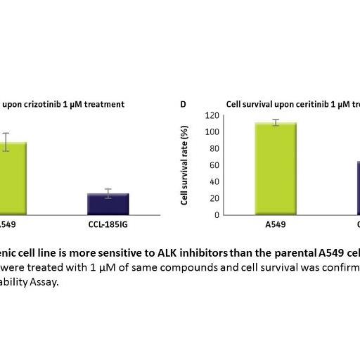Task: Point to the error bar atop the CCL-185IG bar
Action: tap(108, 193)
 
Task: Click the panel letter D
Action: tap(184, 104)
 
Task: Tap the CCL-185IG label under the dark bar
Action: tap(108, 227)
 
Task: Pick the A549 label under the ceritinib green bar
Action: tap(276, 227)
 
